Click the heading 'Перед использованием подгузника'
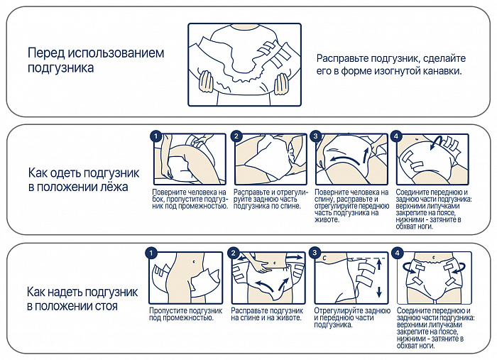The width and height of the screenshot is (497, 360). tap(96, 60)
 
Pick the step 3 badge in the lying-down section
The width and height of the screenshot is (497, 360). tap(317, 136)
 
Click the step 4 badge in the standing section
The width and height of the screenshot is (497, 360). tap(398, 253)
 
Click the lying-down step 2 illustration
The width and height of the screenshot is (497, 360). tap(271, 160)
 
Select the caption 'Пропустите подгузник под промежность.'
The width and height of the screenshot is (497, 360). tap(185, 314)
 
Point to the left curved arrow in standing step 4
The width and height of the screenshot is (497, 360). tap(408, 268)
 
